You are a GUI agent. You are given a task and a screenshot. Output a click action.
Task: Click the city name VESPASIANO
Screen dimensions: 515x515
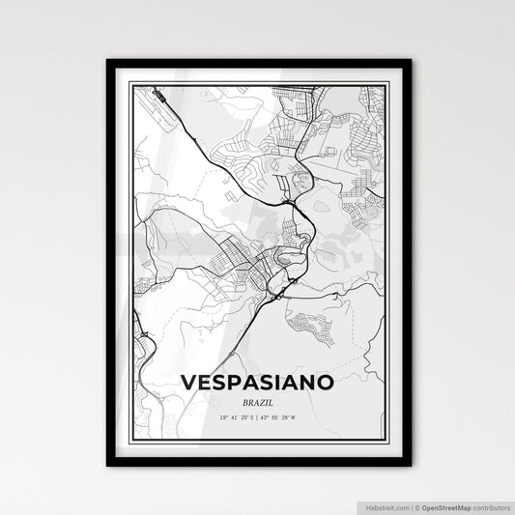(x=258, y=383)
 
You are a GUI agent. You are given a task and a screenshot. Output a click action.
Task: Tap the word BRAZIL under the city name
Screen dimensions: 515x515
(x=258, y=401)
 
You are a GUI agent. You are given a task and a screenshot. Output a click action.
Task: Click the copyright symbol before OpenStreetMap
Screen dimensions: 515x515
(x=416, y=505)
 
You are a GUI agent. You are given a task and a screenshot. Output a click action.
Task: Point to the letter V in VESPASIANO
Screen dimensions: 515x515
(x=188, y=383)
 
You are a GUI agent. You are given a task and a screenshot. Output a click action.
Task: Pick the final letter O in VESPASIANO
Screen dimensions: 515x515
(x=328, y=383)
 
